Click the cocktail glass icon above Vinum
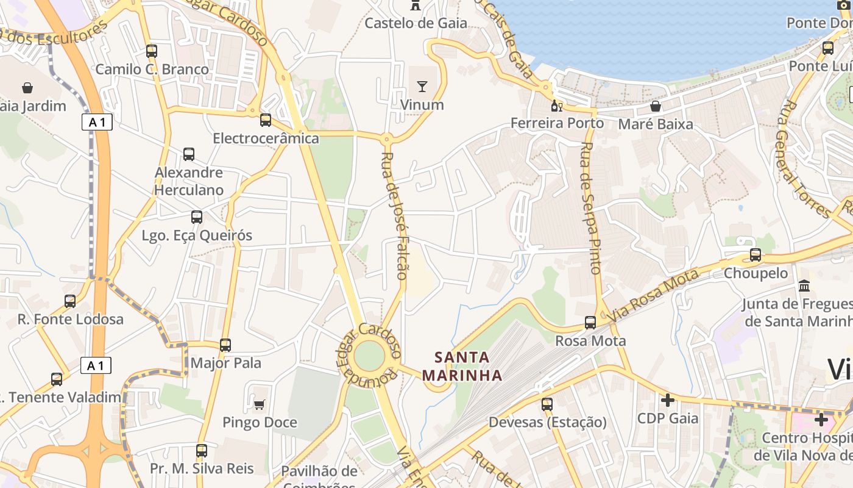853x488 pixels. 422,87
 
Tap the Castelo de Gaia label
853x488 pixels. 416,23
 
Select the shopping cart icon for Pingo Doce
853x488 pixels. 260,404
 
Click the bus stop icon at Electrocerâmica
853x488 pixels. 266,120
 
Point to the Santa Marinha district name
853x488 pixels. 463,366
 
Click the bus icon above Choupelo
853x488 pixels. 756,255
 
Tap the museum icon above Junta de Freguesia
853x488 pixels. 804,285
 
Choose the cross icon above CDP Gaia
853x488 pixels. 668,400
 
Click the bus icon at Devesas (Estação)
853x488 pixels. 547,404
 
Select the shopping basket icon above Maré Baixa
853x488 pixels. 656,106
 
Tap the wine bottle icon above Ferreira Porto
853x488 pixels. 557,106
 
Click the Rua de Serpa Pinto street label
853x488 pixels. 591,207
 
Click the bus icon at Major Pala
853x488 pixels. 225,345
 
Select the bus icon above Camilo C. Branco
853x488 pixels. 152,51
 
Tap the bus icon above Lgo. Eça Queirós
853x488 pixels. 197,217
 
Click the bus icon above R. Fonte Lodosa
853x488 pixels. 70,301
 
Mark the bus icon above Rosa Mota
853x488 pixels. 590,323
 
